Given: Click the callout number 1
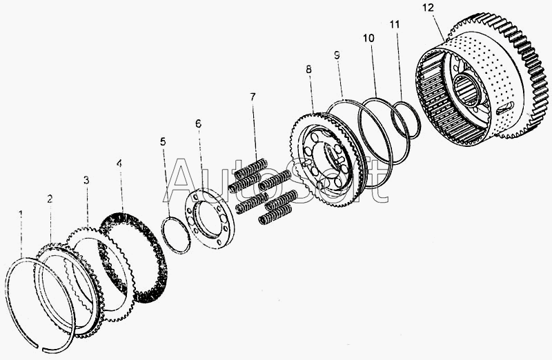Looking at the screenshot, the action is [21, 214].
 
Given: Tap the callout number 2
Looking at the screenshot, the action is [50, 199].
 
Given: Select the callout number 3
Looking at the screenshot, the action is [86, 181].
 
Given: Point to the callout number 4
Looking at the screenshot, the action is [119, 163].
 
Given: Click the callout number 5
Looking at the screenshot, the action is [163, 142].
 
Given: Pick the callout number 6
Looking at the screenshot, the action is [198, 123].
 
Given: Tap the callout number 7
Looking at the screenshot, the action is [253, 97].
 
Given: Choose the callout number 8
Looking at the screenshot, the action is [308, 70].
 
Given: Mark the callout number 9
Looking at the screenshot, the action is [337, 55].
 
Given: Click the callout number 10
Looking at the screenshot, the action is [368, 38].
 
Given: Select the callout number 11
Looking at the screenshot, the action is [395, 24].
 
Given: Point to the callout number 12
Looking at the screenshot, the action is [428, 8].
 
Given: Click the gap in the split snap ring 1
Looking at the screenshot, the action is [40, 348].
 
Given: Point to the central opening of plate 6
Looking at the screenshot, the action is [210, 219].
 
